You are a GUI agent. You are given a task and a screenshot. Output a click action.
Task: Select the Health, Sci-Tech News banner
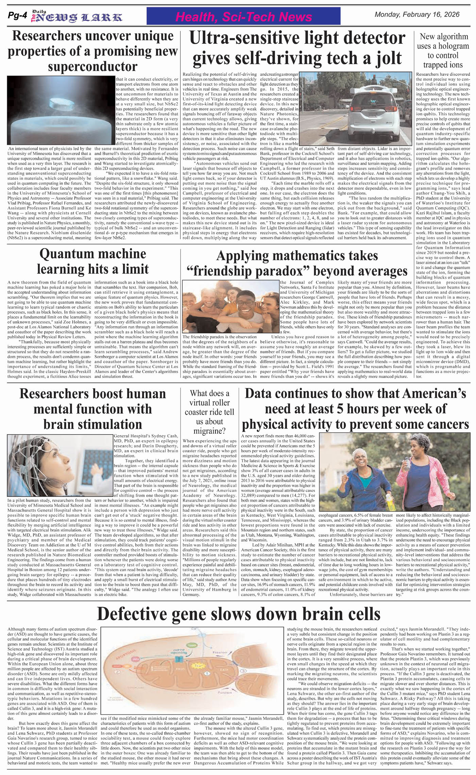coord(243,17)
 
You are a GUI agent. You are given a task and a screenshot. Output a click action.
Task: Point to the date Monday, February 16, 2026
coord(417,15)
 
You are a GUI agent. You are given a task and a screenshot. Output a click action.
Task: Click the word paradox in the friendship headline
coord(285,271)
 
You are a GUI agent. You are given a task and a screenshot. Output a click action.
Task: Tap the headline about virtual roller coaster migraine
coord(209,412)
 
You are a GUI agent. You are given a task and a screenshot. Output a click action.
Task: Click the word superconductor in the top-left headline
coord(92,66)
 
